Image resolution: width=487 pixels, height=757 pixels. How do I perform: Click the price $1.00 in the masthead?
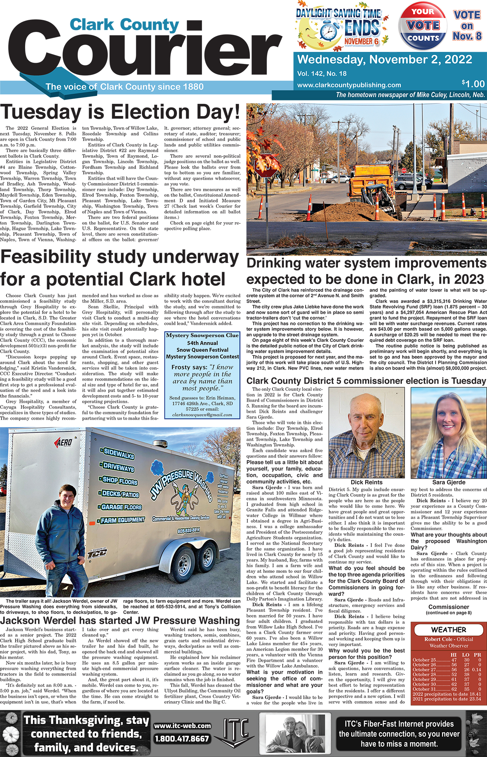(x=473, y=84)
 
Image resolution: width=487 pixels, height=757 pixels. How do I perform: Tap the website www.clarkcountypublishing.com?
(x=349, y=85)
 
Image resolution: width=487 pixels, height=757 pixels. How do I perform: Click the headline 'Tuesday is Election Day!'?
(x=120, y=113)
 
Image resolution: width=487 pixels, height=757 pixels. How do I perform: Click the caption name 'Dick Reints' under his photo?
(x=366, y=482)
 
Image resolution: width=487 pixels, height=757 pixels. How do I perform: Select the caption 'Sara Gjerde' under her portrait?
(x=449, y=482)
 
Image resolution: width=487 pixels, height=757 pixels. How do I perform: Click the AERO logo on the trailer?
(x=64, y=443)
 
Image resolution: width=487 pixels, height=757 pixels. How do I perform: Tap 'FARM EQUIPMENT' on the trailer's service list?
(x=123, y=520)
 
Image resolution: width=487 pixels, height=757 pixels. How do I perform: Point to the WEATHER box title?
(x=449, y=630)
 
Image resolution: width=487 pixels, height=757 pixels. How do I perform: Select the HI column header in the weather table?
(x=454, y=655)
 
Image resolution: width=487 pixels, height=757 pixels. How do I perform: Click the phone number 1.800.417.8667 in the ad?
(x=182, y=739)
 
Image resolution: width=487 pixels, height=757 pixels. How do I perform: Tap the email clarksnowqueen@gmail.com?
(x=202, y=415)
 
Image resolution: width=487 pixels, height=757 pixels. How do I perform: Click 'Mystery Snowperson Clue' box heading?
(x=202, y=335)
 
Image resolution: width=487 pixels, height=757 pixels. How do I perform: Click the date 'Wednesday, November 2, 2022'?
(x=385, y=60)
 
